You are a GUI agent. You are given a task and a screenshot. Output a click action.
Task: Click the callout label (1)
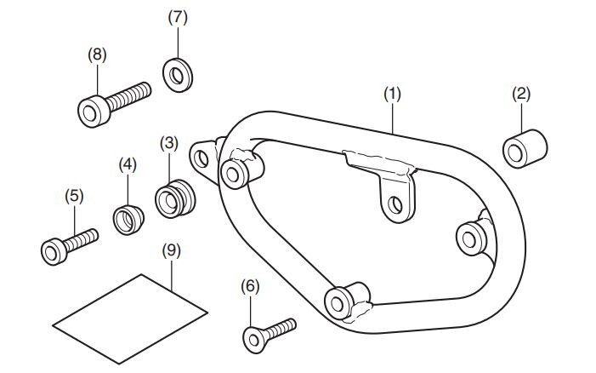[392, 94]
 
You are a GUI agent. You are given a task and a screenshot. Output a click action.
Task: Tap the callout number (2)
[521, 94]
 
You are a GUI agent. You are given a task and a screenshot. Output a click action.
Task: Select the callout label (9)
[172, 251]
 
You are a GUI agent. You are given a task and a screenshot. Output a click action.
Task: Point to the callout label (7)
[178, 18]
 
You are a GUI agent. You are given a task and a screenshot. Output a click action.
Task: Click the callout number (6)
[250, 286]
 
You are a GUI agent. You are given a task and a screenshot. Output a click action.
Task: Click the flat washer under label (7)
[178, 75]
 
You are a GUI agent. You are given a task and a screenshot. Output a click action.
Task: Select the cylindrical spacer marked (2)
[525, 149]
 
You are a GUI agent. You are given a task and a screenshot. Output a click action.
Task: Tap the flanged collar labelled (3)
[175, 198]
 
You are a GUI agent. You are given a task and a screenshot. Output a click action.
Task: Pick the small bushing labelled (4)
[128, 220]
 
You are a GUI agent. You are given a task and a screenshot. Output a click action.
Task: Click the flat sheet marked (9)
[130, 319]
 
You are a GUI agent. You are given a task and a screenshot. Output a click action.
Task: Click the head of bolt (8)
[94, 112]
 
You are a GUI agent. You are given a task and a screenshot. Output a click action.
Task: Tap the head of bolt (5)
[54, 251]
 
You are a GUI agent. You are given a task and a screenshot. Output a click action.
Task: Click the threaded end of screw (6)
[281, 328]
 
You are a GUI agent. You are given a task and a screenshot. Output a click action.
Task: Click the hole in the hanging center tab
[395, 205]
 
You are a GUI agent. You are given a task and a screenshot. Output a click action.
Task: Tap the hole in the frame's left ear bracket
[201, 158]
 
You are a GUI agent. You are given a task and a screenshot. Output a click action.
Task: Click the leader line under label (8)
[97, 80]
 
